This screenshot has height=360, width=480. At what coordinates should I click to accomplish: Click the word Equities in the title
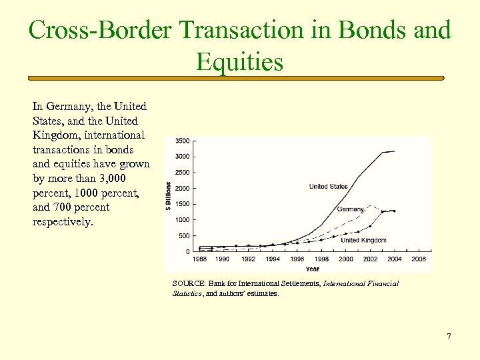pyautogui.click(x=239, y=62)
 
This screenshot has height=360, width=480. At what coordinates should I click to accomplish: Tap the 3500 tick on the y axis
pyautogui.click(x=181, y=141)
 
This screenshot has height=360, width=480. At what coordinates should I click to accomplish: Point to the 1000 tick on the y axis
pyautogui.click(x=181, y=220)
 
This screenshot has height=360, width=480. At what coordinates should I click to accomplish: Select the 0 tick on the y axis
pyautogui.click(x=187, y=251)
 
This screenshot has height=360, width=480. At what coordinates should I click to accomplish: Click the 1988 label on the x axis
pyautogui.click(x=199, y=259)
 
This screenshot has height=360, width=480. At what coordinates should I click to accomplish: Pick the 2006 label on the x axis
pyautogui.click(x=419, y=259)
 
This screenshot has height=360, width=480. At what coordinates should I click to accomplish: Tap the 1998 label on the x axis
pyautogui.click(x=321, y=259)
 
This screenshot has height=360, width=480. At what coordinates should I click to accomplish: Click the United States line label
pyautogui.click(x=328, y=187)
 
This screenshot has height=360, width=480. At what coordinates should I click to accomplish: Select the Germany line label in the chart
pyautogui.click(x=350, y=209)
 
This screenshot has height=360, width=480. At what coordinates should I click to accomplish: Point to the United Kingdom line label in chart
pyautogui.click(x=364, y=240)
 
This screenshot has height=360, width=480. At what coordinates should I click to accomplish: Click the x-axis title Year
pyautogui.click(x=312, y=269)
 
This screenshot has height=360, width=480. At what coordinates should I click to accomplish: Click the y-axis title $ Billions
pyautogui.click(x=168, y=196)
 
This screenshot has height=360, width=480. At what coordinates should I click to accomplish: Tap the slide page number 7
pyautogui.click(x=449, y=337)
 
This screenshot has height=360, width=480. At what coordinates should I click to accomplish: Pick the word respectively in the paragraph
pyautogui.click(x=63, y=222)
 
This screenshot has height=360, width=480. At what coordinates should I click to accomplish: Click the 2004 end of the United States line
pyautogui.click(x=394, y=151)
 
